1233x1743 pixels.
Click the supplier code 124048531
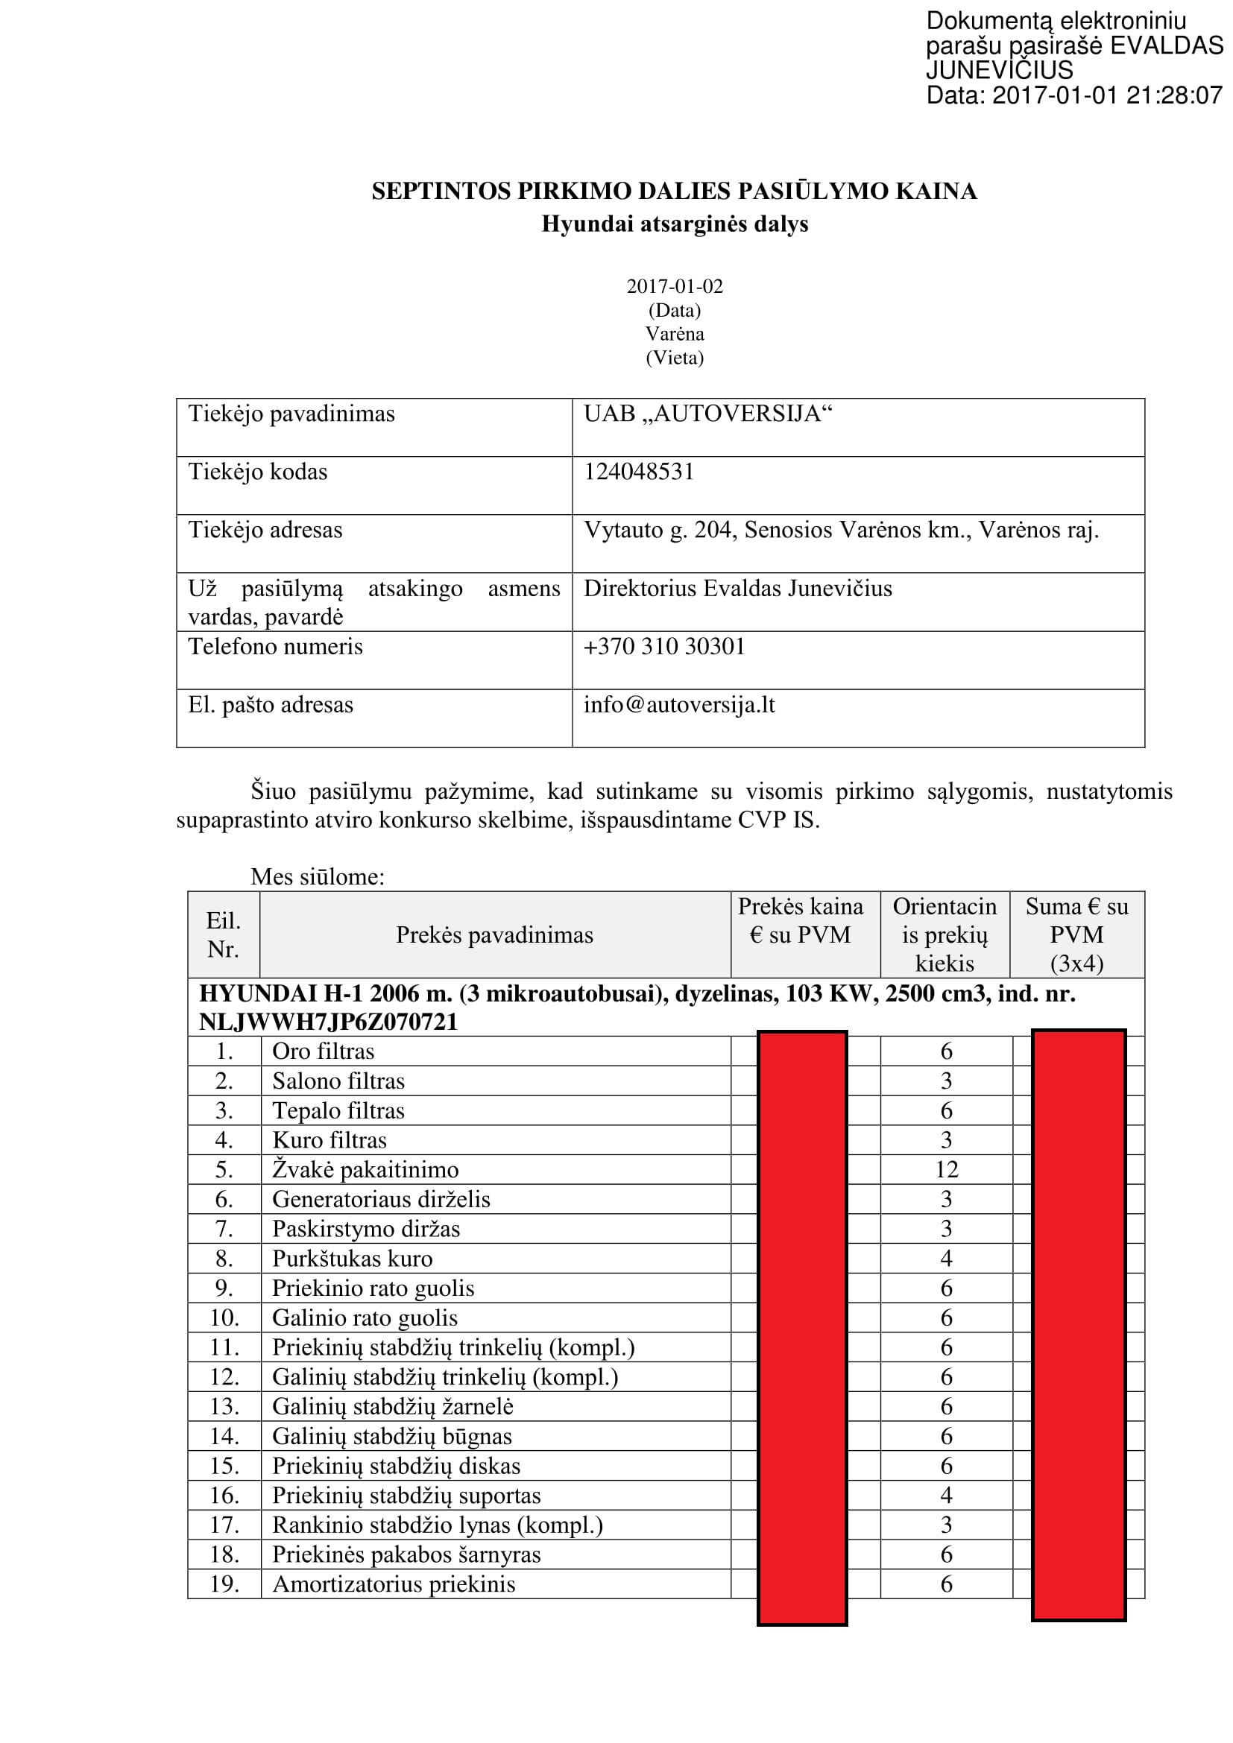tap(639, 472)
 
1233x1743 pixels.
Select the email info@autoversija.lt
tap(679, 704)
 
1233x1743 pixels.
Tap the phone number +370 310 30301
tap(663, 646)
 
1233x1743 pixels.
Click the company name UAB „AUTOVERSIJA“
tap(707, 414)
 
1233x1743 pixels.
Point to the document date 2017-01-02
tap(674, 286)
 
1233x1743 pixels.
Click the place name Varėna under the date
tap(674, 334)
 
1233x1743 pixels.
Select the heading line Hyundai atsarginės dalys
tap(674, 224)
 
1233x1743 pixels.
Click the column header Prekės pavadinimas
tap(494, 934)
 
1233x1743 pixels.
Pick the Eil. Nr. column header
tap(223, 934)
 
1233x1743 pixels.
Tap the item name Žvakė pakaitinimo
tap(365, 1170)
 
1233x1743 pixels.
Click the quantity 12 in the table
tap(946, 1170)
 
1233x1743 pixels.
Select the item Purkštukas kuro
tap(353, 1259)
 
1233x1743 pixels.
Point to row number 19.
tap(224, 1584)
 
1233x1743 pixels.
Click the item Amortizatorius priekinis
tap(394, 1584)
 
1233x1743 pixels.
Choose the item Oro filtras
tap(324, 1051)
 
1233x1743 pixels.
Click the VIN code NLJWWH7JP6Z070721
tap(328, 1022)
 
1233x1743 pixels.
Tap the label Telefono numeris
tap(276, 646)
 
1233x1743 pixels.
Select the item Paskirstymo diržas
tap(366, 1229)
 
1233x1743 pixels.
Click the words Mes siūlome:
tap(318, 877)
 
